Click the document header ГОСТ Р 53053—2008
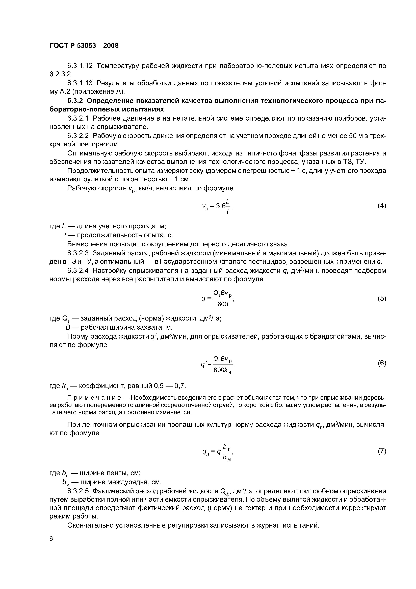[x=84, y=46]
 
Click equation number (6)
[x=382, y=363]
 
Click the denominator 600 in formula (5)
[x=222, y=304]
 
